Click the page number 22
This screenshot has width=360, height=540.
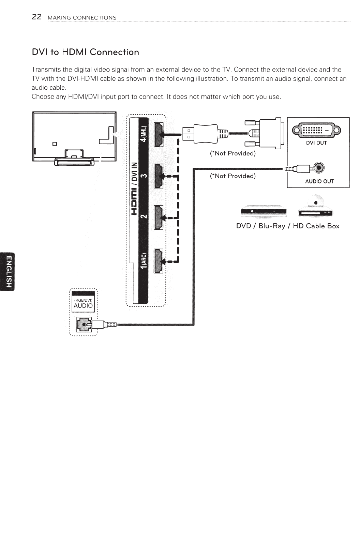[36, 17]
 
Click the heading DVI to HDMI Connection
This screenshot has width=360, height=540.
[85, 52]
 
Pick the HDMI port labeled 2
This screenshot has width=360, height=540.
[159, 217]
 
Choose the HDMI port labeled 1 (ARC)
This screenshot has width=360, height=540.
[159, 261]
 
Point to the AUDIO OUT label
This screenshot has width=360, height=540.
[319, 181]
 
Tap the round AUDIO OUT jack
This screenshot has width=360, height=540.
[319, 167]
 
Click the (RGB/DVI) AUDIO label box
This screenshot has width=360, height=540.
[83, 303]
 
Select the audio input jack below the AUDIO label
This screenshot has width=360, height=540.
[83, 324]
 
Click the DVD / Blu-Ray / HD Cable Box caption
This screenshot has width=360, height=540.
[288, 226]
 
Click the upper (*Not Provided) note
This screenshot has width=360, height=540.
[233, 153]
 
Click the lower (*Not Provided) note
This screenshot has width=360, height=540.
[233, 176]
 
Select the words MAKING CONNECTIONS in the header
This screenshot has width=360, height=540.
[82, 18]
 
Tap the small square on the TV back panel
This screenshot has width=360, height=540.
[54, 143]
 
